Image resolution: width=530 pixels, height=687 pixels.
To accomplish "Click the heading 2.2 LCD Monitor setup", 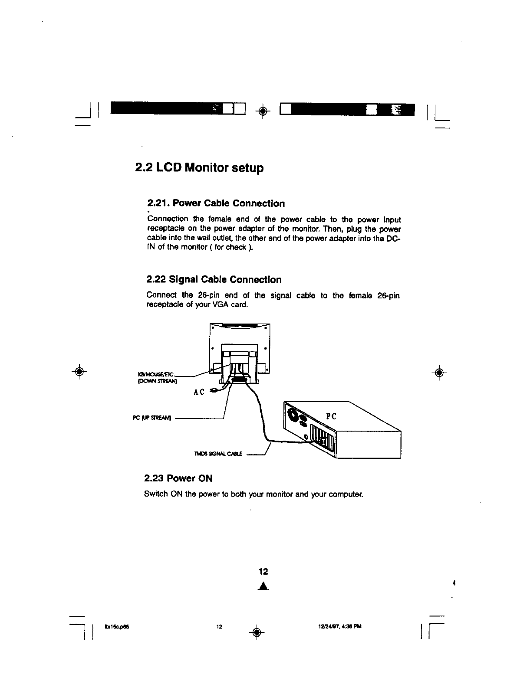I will tap(199, 167).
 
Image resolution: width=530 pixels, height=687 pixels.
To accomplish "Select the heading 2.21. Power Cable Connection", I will tap(216, 203).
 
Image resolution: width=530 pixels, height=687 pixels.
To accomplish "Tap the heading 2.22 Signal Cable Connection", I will tap(214, 280).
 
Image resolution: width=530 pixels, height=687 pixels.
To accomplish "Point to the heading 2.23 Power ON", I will tap(178, 479).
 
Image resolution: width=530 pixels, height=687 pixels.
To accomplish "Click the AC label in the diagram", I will tap(199, 393).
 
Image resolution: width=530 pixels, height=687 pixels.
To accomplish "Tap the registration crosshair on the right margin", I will tap(439, 372).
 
